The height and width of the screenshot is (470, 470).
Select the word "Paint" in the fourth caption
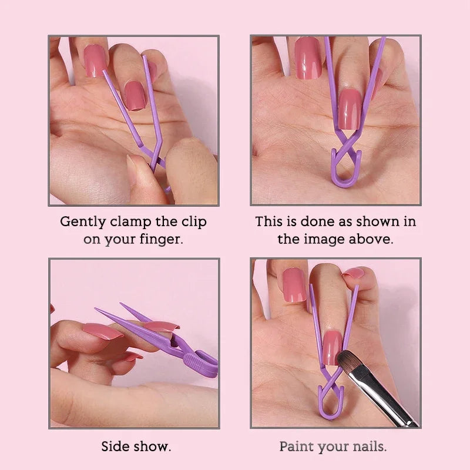(x=296, y=446)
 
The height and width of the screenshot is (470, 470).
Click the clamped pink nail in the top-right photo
(x=350, y=109)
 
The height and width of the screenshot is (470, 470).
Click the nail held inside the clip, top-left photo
(x=135, y=95)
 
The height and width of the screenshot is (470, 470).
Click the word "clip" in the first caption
(x=192, y=222)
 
